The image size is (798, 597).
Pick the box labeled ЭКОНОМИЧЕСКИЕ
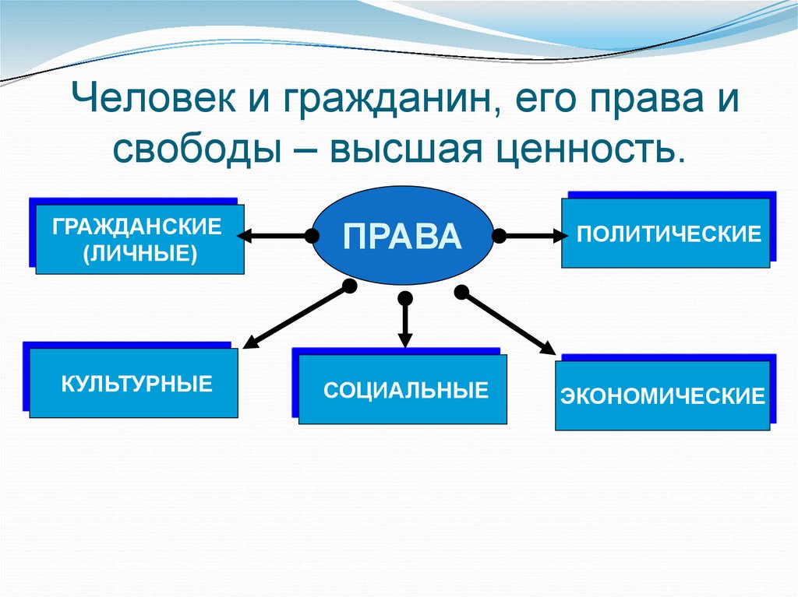(x=662, y=396)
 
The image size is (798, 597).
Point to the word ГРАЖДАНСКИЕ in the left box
(x=138, y=228)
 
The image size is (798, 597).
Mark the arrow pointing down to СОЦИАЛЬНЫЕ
(x=404, y=323)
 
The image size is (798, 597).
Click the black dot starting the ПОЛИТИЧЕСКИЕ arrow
(x=500, y=234)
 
